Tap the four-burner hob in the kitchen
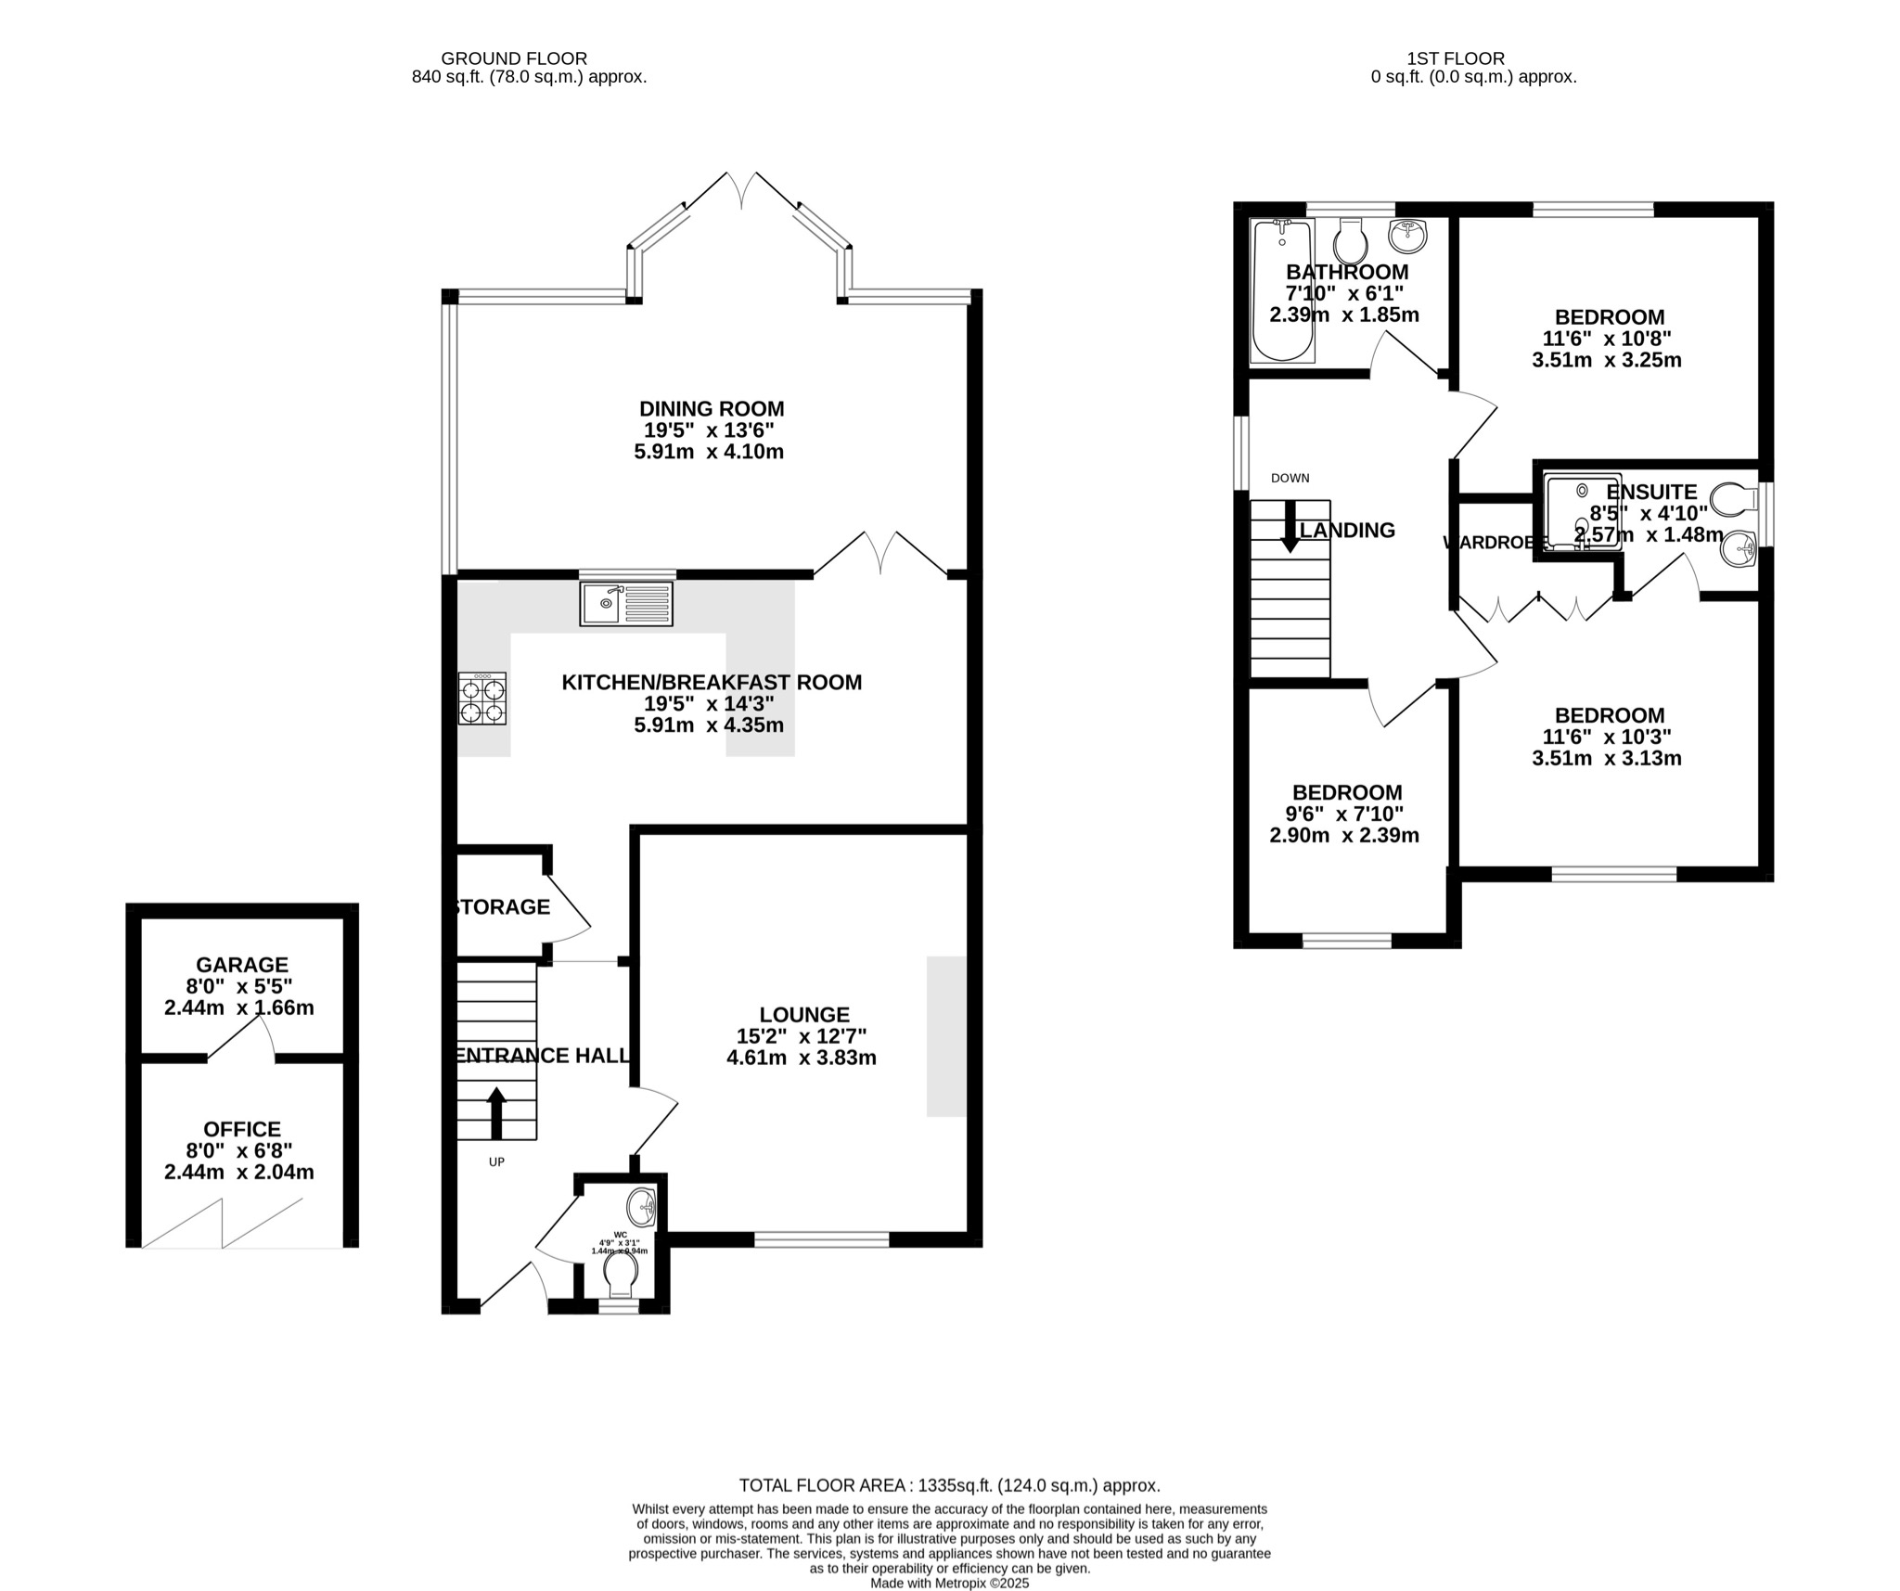(x=482, y=699)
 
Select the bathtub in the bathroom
(x=1282, y=290)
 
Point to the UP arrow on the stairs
(x=496, y=1112)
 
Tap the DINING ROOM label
(x=712, y=408)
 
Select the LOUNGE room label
(x=804, y=1015)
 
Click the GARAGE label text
(x=242, y=965)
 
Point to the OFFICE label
(x=242, y=1129)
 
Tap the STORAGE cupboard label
(x=503, y=907)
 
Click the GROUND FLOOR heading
(x=513, y=58)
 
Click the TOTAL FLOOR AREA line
(x=949, y=1485)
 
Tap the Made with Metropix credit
(x=949, y=1584)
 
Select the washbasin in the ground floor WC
(x=642, y=1208)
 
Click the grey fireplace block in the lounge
(x=946, y=1035)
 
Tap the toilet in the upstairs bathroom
(x=1350, y=243)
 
